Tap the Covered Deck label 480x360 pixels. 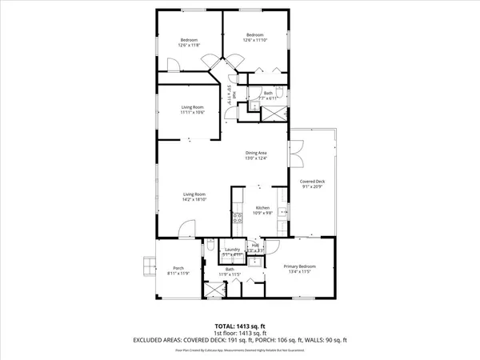[x=313, y=182]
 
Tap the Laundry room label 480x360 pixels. [x=232, y=250]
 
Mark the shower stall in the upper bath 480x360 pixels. [x=274, y=112]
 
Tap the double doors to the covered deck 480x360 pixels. [x=295, y=150]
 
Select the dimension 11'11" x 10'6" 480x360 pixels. [x=192, y=111]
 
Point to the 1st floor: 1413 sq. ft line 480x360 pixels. [x=239, y=334]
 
